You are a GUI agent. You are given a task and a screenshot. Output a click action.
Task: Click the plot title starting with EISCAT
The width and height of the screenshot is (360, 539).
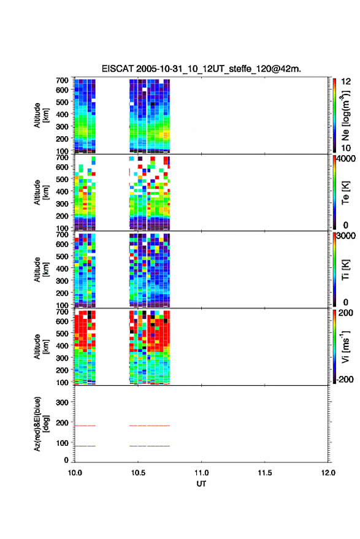[201, 69]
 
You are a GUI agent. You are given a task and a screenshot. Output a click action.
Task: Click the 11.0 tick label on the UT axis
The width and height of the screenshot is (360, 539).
[201, 473]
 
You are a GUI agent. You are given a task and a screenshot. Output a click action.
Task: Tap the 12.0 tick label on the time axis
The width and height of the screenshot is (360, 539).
[328, 473]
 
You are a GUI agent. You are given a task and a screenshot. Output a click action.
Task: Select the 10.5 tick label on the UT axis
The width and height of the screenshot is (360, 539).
[138, 473]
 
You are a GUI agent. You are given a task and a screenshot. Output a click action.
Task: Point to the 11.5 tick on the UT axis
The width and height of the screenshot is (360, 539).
[264, 473]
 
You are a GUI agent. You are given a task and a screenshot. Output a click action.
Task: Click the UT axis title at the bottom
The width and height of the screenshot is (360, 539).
[201, 484]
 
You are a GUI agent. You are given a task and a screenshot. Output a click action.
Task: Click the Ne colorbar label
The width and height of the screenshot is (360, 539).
[345, 115]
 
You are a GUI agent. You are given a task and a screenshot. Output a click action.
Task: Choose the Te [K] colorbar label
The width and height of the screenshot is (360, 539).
[345, 193]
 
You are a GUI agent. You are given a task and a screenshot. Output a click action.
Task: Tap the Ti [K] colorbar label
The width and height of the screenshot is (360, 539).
[345, 270]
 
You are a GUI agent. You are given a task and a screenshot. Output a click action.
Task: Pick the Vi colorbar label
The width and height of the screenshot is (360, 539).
[345, 346]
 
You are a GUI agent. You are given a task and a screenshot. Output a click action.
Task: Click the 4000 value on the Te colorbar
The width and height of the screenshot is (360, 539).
[345, 159]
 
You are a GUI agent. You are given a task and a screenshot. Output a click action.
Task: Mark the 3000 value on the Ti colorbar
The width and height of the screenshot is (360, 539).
[345, 236]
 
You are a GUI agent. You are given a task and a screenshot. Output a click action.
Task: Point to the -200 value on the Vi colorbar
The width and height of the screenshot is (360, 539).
[345, 379]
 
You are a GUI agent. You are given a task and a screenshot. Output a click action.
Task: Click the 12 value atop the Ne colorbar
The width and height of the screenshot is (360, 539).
[346, 82]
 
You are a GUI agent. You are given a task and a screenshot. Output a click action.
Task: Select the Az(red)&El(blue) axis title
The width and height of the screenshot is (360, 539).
[41, 424]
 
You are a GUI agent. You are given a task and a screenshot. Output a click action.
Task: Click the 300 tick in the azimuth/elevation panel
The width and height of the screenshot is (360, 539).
[62, 402]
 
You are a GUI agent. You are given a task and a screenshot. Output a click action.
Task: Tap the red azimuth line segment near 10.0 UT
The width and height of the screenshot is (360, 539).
[85, 426]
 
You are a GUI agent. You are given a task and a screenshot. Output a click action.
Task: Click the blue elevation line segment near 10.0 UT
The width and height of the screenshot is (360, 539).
[85, 446]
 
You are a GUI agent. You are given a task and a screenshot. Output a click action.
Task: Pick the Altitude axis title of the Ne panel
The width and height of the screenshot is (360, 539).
[41, 115]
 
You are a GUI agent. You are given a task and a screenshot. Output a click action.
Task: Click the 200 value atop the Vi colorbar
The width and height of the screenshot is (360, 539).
[345, 313]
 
